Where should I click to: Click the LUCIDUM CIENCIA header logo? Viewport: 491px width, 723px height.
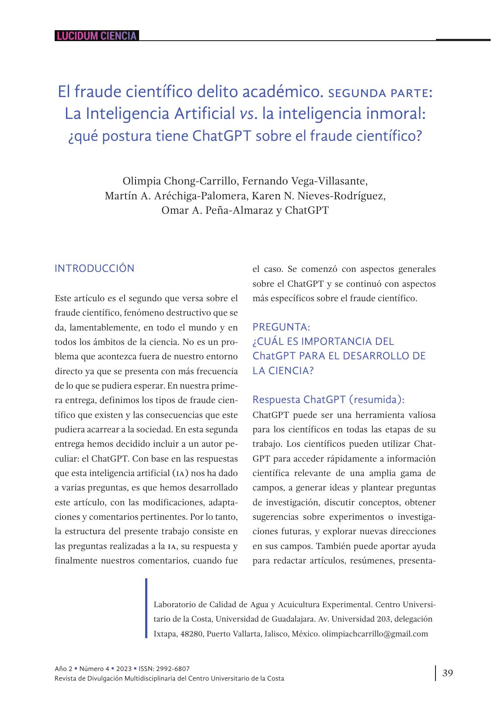click(97, 36)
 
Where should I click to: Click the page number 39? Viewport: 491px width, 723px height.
click(448, 673)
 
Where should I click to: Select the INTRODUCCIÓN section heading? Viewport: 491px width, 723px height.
click(94, 268)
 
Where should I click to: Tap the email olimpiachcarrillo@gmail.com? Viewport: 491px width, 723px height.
click(375, 633)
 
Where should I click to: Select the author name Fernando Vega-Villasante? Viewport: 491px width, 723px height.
click(304, 181)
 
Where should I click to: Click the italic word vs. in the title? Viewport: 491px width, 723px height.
click(248, 114)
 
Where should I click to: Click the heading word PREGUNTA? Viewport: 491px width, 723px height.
click(281, 327)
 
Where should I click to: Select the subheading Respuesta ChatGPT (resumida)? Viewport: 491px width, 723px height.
click(328, 400)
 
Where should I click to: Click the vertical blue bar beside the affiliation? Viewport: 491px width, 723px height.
click(146, 608)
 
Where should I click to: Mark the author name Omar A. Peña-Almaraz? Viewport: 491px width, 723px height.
click(217, 210)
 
